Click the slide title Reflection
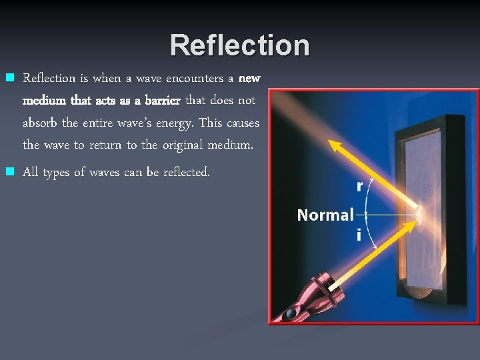(x=239, y=46)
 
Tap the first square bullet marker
(x=9, y=78)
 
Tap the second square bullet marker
(x=9, y=172)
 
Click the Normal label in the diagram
(x=325, y=215)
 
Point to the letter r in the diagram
(x=360, y=186)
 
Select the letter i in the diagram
(x=359, y=235)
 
